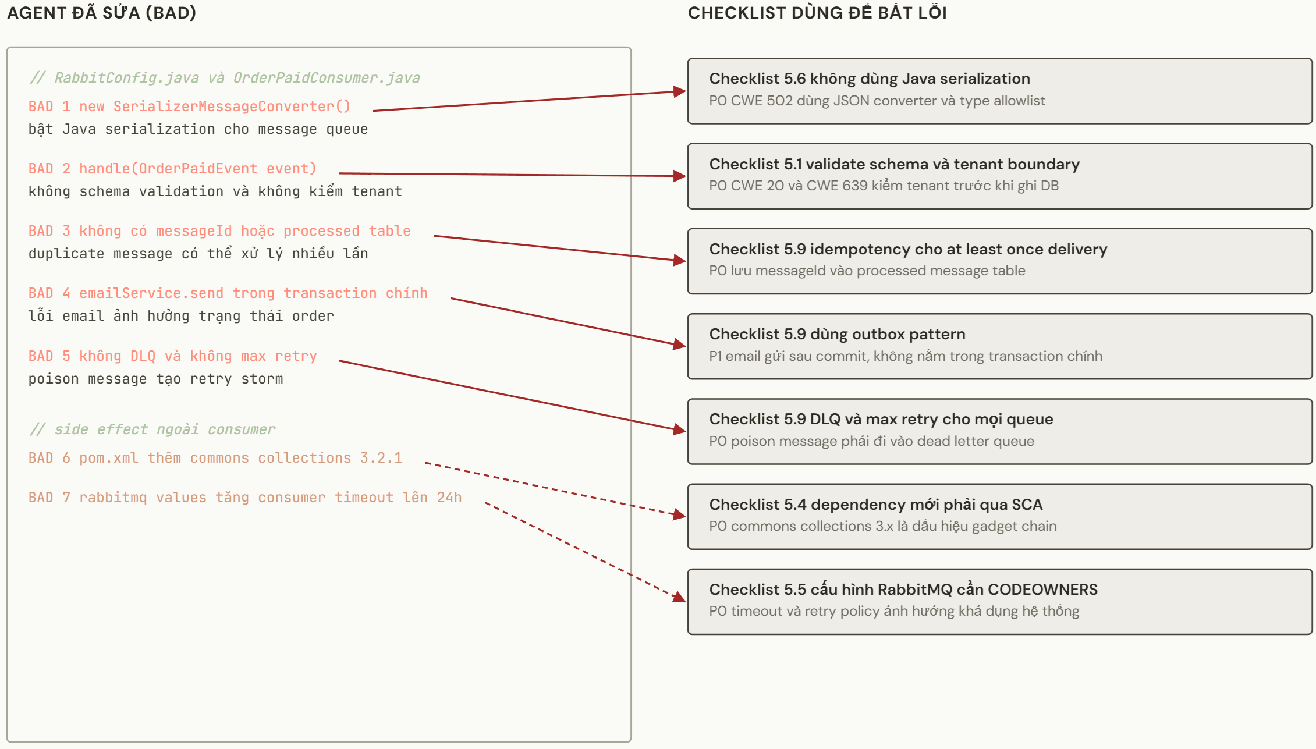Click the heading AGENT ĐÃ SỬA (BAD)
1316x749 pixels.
point(101,13)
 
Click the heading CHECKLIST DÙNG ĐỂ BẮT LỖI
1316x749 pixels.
point(817,13)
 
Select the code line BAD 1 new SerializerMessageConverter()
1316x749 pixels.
point(189,107)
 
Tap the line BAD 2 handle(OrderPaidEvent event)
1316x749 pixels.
point(172,169)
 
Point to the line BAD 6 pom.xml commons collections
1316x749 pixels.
point(215,458)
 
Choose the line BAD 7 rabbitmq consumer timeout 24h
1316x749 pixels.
point(245,498)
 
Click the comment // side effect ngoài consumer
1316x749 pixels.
point(152,429)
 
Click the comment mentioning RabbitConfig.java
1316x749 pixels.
point(224,78)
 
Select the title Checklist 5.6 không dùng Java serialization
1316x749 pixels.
point(870,79)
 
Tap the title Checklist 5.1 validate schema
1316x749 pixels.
point(894,164)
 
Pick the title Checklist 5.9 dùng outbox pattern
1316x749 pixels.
point(837,334)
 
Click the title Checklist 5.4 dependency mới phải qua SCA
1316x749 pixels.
point(875,505)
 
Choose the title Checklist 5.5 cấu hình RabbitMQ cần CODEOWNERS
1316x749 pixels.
point(903,590)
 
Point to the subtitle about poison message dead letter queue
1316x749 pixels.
point(871,441)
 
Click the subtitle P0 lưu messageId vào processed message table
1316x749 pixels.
point(867,271)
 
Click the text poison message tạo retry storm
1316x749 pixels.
point(156,379)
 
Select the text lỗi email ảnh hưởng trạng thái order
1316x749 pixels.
point(181,316)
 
